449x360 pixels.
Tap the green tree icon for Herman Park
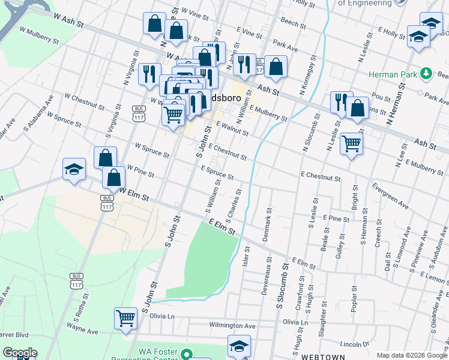coord(426,73)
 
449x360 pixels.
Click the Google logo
coord(19,353)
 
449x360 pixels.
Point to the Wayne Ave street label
coord(82,331)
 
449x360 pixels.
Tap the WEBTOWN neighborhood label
coord(324,356)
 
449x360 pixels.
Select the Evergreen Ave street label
coord(390,196)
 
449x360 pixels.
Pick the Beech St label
coord(294,23)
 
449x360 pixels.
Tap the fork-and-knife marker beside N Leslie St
coord(339,101)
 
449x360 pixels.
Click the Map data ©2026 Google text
coord(411,355)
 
